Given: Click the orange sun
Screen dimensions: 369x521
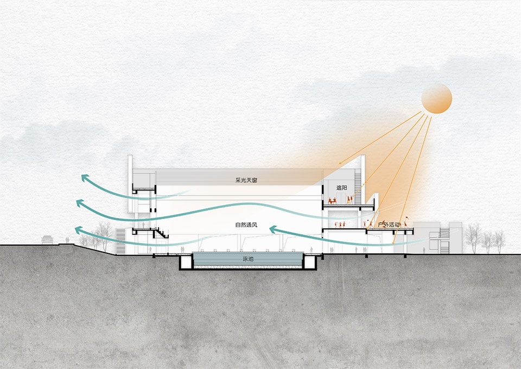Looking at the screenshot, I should click(x=436, y=100).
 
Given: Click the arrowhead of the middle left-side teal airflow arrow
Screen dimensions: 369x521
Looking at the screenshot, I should click(x=79, y=203).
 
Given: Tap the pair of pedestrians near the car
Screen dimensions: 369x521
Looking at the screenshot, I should click(x=66, y=239).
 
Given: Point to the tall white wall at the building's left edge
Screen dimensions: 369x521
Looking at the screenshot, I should click(x=130, y=185).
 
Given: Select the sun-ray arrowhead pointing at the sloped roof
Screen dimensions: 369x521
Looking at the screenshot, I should click(x=339, y=163).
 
